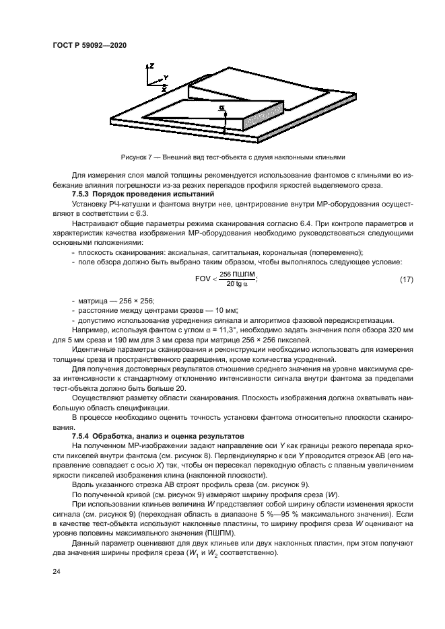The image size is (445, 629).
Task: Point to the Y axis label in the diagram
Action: tap(166, 77)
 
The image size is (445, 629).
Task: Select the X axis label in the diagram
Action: tap(164, 88)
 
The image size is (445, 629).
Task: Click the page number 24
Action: tap(56, 572)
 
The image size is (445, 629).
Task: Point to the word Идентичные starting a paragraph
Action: tap(94, 350)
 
